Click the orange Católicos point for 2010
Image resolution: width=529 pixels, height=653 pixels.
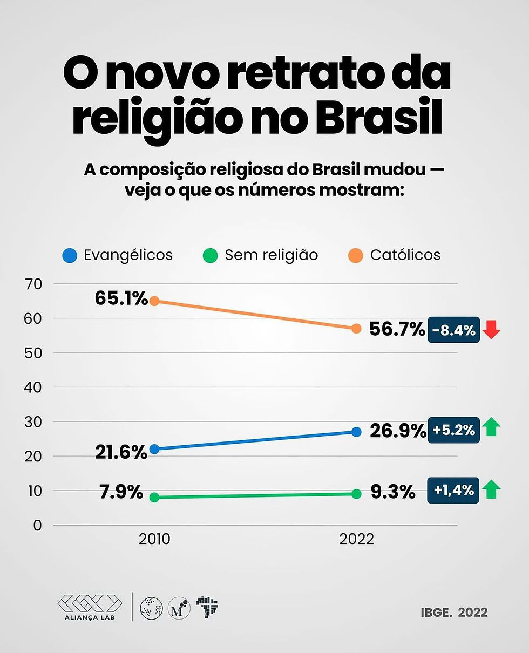[x=154, y=301]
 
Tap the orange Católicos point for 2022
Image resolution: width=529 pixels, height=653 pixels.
[x=356, y=328]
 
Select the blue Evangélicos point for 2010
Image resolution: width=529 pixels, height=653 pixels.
[x=154, y=449]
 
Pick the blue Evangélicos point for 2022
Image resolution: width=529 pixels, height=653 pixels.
[x=356, y=432]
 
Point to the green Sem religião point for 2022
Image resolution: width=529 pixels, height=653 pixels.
[x=356, y=494]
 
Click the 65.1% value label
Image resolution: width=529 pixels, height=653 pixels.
[x=121, y=298]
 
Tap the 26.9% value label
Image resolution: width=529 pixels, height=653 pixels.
[x=397, y=431]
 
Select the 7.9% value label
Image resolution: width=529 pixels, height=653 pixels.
[x=121, y=492]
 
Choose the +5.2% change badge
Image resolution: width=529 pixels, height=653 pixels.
[x=453, y=431]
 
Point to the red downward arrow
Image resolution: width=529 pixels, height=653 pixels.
[x=491, y=330]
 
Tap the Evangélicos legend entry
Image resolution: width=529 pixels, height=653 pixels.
[x=118, y=255]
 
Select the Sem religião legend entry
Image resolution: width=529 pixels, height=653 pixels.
[x=261, y=255]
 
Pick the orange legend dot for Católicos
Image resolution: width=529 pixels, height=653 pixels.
[x=355, y=255]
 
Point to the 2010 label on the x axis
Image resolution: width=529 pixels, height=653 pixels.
[x=154, y=539]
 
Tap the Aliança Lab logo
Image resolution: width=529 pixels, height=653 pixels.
[x=90, y=606]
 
